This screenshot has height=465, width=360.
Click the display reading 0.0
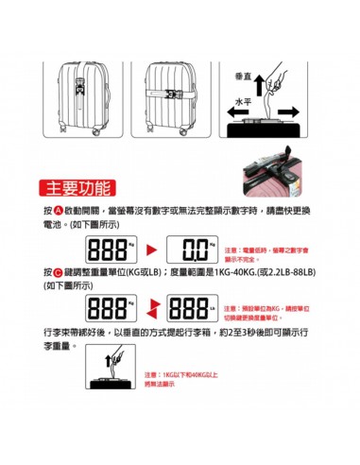(195, 249)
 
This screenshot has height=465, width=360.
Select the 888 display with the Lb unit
(194, 307)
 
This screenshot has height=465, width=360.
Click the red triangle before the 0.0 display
(156, 250)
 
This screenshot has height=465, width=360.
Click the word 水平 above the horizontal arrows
(243, 99)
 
